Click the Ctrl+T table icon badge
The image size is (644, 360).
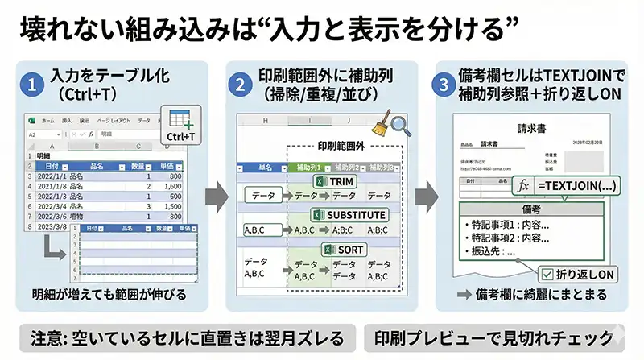click(x=180, y=126)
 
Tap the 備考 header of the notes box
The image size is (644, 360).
click(x=527, y=208)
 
